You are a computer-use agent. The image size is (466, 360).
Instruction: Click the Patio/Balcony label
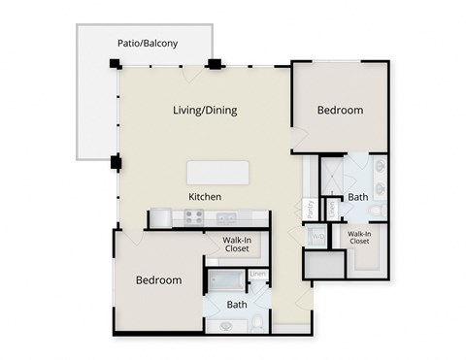click(148, 43)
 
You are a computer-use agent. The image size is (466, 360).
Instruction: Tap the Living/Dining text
click(204, 111)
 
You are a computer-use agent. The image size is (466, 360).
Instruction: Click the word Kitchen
click(205, 197)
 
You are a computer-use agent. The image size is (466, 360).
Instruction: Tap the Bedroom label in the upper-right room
click(340, 111)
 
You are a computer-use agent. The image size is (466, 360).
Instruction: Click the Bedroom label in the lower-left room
click(158, 280)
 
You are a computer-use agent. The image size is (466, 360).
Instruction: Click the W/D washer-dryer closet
click(316, 236)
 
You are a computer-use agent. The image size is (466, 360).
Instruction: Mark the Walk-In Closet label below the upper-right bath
click(359, 237)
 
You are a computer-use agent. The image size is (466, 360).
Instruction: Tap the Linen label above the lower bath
click(257, 275)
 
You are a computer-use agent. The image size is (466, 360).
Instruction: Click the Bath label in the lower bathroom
click(237, 305)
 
